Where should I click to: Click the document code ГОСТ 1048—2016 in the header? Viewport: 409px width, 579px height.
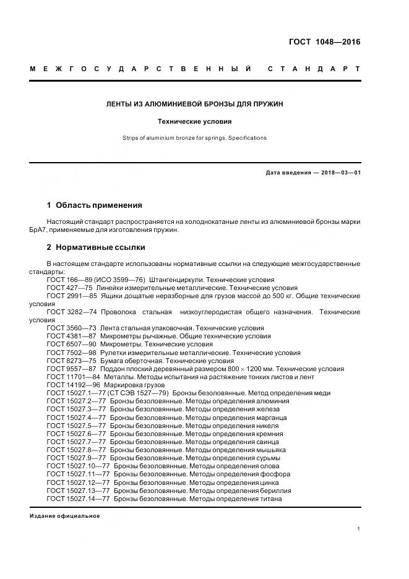click(324, 42)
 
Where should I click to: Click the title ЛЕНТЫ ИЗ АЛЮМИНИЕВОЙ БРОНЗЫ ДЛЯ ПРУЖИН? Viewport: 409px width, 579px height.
click(195, 104)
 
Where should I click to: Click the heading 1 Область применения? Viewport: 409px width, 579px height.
click(95, 205)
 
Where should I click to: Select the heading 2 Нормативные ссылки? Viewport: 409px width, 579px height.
click(96, 247)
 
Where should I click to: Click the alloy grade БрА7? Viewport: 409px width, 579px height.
click(38, 229)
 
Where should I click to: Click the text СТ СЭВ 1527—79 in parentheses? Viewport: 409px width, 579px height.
click(142, 393)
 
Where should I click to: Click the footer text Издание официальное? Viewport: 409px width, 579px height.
click(64, 516)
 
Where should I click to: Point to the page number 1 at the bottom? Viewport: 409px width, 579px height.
click(358, 529)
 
